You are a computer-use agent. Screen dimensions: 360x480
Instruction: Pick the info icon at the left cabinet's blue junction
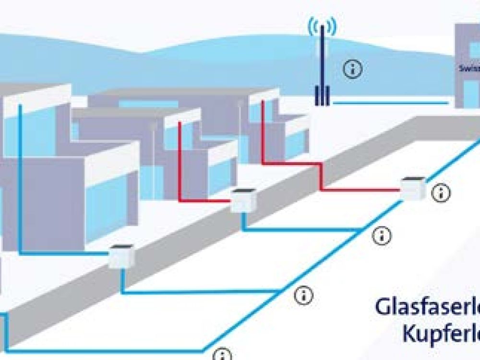304,295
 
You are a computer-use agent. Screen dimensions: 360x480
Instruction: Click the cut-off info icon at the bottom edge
222,356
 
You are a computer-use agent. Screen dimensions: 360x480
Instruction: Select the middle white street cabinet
244,200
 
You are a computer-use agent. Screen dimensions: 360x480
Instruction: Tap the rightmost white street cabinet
413,188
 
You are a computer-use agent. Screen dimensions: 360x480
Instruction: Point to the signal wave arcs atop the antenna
322,26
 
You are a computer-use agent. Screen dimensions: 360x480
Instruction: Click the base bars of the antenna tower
322,96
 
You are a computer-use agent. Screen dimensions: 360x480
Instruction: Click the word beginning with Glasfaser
427,306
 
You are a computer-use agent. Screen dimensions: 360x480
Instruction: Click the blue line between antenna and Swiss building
391,103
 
